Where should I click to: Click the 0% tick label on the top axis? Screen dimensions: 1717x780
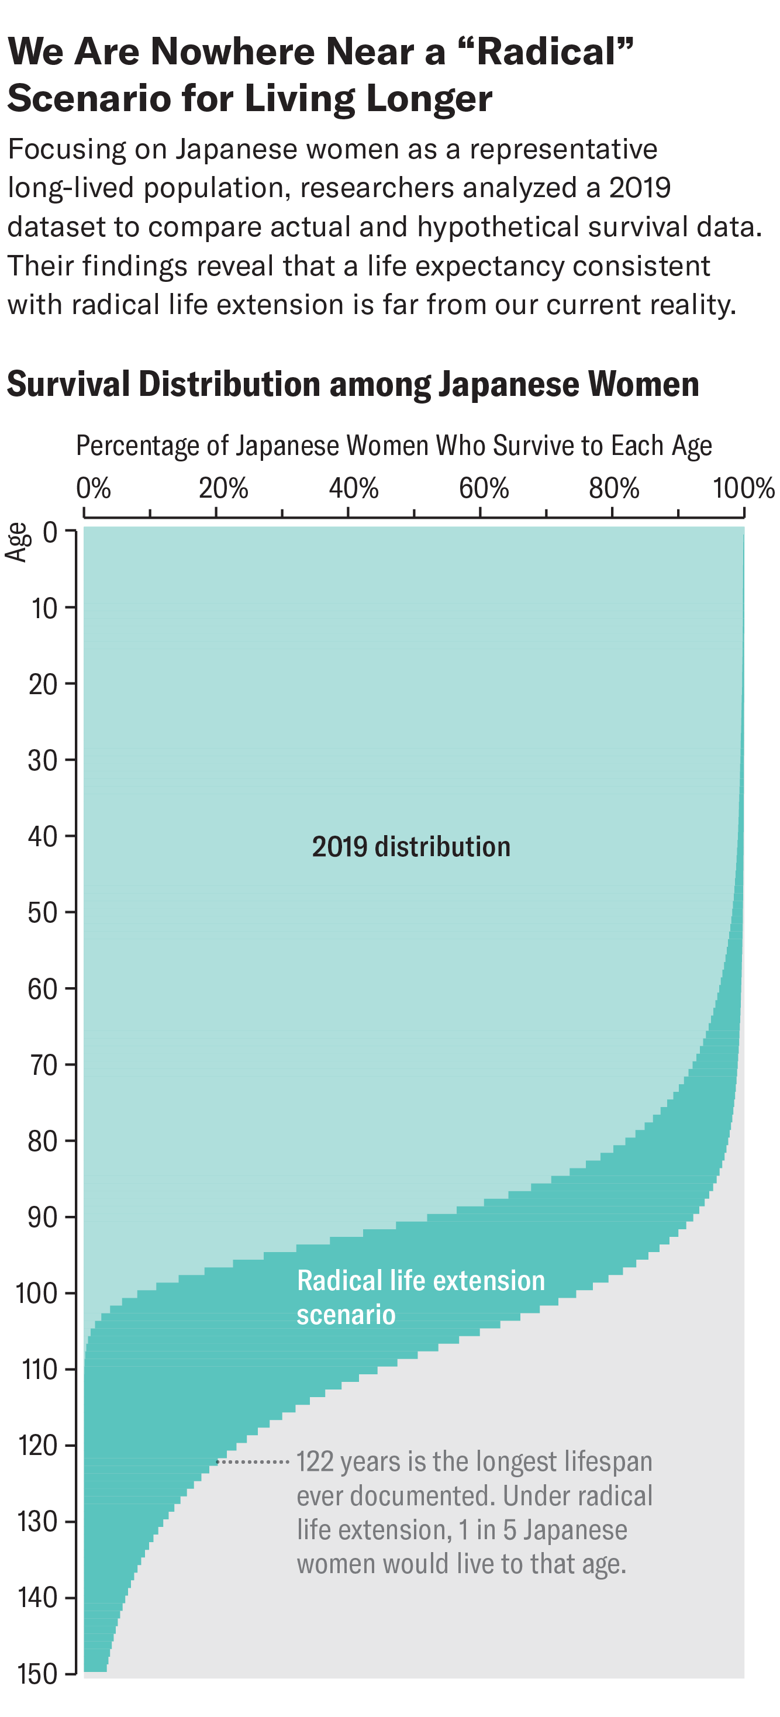click(x=94, y=488)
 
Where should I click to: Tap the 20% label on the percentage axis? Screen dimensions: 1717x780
click(x=223, y=488)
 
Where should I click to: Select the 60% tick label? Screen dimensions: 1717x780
click(x=484, y=488)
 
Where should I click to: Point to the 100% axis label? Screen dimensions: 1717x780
click(x=743, y=488)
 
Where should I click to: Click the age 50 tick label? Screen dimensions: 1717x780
click(x=43, y=912)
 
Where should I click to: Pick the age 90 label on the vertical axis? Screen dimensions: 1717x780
click(x=43, y=1217)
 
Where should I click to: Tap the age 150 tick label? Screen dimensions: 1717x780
click(x=37, y=1674)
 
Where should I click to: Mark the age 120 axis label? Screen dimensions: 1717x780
click(x=37, y=1446)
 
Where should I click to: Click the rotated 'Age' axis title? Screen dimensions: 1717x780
click(x=17, y=543)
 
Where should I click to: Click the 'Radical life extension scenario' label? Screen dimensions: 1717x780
click(x=420, y=1297)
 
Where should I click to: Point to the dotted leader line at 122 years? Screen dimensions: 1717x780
click(x=253, y=1461)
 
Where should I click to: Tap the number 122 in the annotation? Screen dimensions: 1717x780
click(x=315, y=1461)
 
